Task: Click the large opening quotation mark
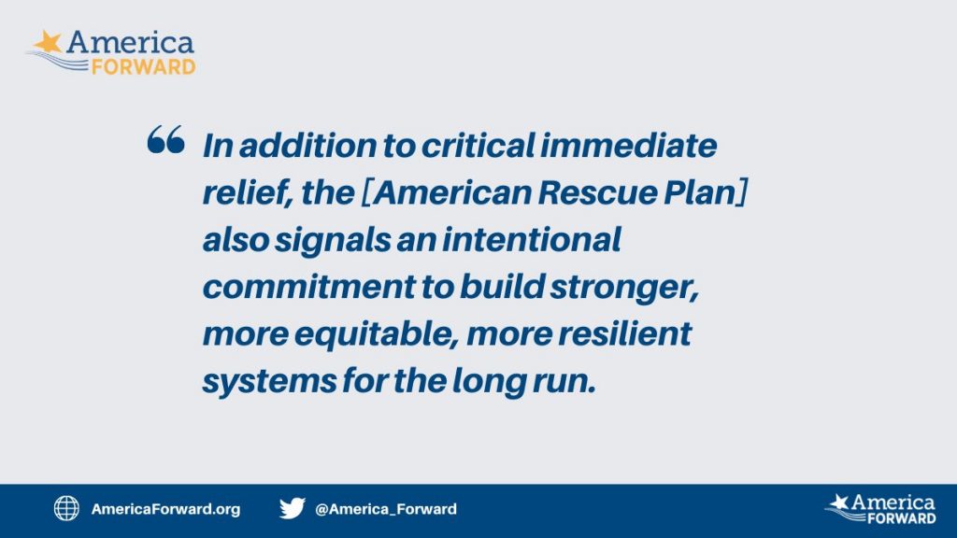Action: coord(166,140)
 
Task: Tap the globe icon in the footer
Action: coord(66,508)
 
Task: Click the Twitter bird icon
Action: coord(293,508)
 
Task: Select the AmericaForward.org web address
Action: coord(166,509)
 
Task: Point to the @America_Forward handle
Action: coord(386,509)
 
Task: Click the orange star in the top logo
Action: coord(49,42)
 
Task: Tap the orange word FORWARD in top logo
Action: coord(143,66)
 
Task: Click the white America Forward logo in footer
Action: coord(880,509)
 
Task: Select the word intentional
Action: coord(531,239)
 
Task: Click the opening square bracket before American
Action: coord(367,192)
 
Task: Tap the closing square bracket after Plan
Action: coord(741,192)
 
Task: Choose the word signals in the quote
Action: coord(332,241)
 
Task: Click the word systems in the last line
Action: coord(269,382)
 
